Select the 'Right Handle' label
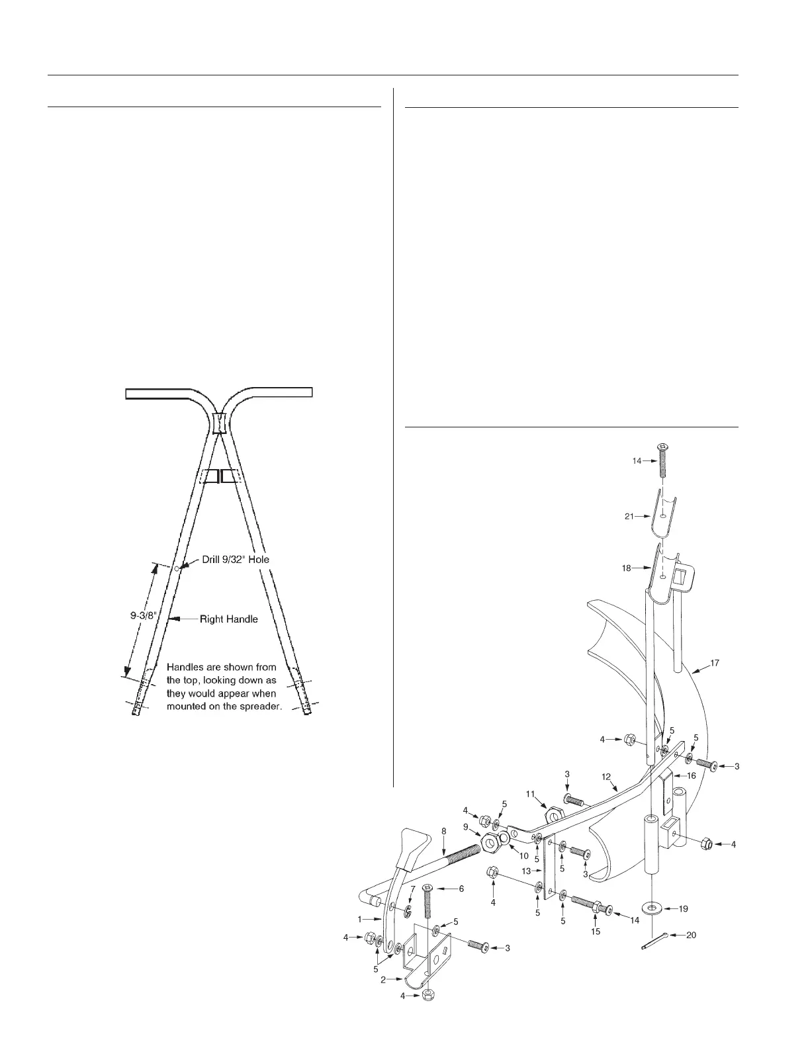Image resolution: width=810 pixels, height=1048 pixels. coord(229,619)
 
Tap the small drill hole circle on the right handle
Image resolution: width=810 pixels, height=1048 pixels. coord(177,568)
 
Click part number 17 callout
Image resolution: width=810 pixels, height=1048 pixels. coord(715,663)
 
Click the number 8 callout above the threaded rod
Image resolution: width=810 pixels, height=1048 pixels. coord(443,830)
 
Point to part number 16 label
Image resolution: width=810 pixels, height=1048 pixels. coord(691,776)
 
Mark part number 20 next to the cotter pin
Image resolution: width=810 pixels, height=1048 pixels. coord(691,936)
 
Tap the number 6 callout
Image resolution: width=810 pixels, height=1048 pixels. coord(462,889)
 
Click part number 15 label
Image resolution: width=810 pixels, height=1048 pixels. coord(596,932)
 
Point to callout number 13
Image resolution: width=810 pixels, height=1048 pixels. coord(527,871)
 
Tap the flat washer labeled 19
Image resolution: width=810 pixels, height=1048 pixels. coord(652,907)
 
